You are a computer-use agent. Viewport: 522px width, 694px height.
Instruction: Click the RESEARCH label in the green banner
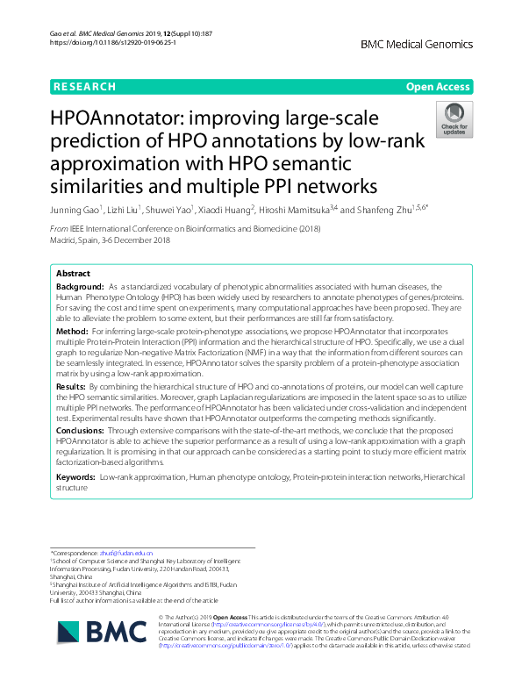85,87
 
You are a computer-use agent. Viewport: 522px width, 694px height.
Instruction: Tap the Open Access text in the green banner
436,87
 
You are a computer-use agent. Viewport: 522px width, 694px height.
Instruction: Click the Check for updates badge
454,121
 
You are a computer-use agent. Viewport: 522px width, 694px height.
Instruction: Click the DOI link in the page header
103,42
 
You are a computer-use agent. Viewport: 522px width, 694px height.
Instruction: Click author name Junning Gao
75,211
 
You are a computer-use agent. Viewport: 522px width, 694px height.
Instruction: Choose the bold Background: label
80,287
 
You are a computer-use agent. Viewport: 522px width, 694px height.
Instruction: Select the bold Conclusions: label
82,431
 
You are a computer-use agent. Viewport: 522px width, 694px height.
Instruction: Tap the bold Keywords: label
76,476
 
